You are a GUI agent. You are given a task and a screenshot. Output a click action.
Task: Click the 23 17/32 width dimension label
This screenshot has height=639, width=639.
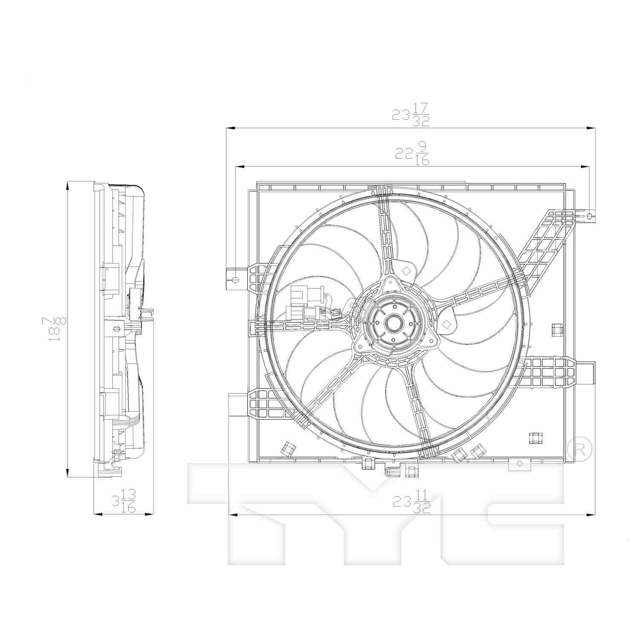(x=411, y=115)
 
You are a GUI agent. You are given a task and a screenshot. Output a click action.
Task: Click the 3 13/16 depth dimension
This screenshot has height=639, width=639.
(x=124, y=501)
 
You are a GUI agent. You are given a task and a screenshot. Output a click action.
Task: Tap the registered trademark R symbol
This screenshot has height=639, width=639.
(x=580, y=449)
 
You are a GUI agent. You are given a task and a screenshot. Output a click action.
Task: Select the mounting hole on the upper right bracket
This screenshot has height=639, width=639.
(x=590, y=216)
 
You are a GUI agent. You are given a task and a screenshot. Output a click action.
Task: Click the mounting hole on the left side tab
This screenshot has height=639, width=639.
(x=235, y=279)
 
